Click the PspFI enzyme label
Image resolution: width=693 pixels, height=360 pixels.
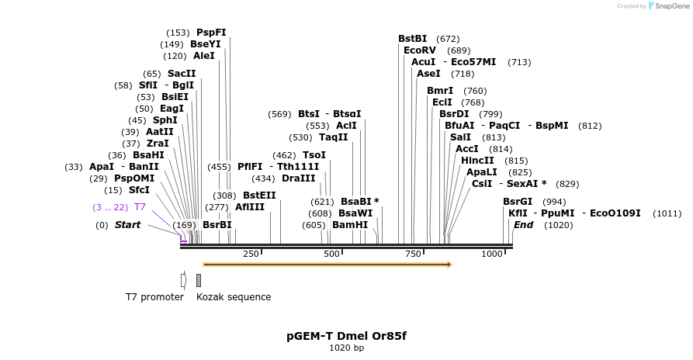(211, 33)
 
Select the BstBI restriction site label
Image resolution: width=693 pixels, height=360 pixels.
(413, 38)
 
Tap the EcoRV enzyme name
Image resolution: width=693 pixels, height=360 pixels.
(418, 50)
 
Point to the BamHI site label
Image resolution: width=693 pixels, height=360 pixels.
(350, 225)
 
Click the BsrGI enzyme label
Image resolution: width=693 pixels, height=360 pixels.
(518, 202)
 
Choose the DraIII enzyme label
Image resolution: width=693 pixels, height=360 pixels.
(299, 178)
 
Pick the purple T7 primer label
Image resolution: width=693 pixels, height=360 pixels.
(140, 207)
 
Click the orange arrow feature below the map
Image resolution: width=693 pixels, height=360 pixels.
(327, 265)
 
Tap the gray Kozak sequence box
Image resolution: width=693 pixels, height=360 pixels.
(199, 280)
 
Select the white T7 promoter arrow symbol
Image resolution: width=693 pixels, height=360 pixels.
(183, 280)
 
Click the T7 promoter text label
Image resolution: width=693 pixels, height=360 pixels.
(154, 297)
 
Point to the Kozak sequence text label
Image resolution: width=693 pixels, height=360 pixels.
(234, 297)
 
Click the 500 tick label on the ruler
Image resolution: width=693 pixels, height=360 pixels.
(332, 254)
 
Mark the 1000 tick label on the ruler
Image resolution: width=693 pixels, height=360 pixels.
(492, 254)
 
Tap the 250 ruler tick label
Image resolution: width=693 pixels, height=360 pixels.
(251, 254)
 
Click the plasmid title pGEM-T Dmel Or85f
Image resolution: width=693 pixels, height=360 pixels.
(346, 336)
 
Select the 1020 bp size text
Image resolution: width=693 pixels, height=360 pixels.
(346, 348)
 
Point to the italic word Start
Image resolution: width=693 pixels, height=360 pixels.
(128, 225)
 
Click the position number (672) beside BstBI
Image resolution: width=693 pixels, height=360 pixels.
(448, 38)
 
